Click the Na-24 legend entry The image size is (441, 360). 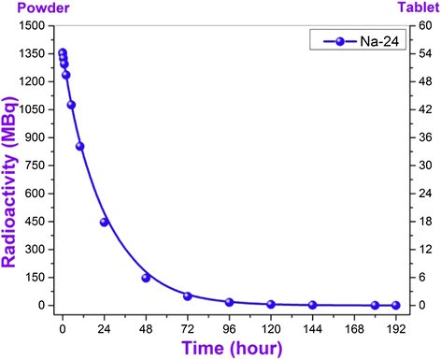click(367, 41)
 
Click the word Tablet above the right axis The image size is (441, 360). click(418, 7)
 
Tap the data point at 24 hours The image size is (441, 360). click(104, 222)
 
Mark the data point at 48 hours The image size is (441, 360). click(146, 278)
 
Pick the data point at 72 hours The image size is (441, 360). click(188, 296)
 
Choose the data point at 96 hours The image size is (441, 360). click(229, 302)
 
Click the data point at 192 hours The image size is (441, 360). click(395, 305)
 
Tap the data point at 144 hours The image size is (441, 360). click(312, 305)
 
